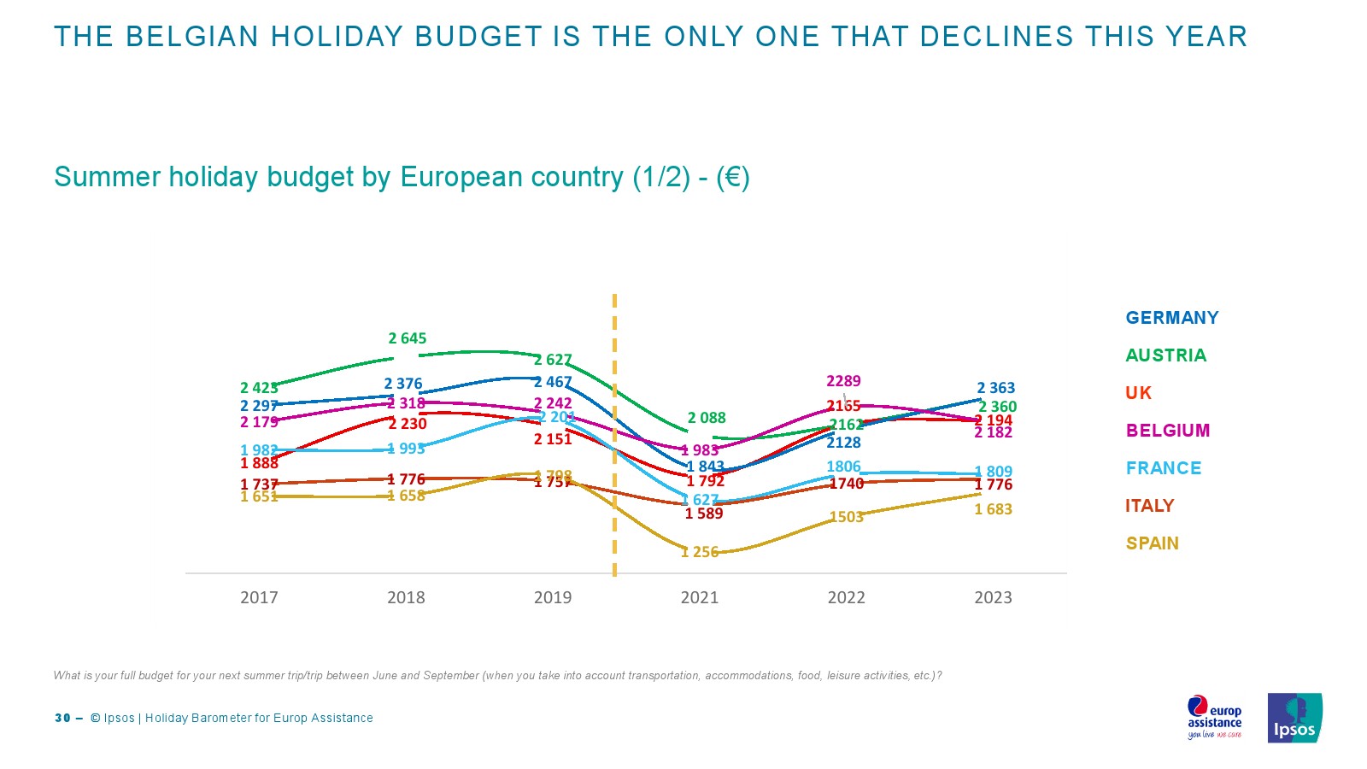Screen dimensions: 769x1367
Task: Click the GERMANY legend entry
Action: (x=1171, y=318)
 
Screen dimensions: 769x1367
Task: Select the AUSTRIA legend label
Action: (x=1165, y=355)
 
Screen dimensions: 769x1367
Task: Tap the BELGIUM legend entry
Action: (x=1167, y=431)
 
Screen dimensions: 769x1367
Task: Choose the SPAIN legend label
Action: (x=1152, y=543)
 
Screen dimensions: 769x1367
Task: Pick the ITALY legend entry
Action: (x=1149, y=506)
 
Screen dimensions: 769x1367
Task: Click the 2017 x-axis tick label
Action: (x=259, y=597)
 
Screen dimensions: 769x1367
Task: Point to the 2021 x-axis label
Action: (x=699, y=597)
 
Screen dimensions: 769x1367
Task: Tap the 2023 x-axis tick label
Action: (x=993, y=597)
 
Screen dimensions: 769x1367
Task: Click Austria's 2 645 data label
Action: (x=407, y=338)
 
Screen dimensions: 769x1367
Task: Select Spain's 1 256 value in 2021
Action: (x=700, y=552)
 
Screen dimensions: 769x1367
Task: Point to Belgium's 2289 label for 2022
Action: (x=843, y=381)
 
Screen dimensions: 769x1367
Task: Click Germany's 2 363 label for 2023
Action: (x=996, y=388)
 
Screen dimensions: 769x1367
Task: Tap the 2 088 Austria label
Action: (x=707, y=418)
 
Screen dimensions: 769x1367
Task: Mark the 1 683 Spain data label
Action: (x=993, y=509)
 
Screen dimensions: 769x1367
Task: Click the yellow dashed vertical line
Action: (x=614, y=359)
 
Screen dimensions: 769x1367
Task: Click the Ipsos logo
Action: (x=1294, y=718)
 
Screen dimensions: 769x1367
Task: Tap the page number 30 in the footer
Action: (x=62, y=718)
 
